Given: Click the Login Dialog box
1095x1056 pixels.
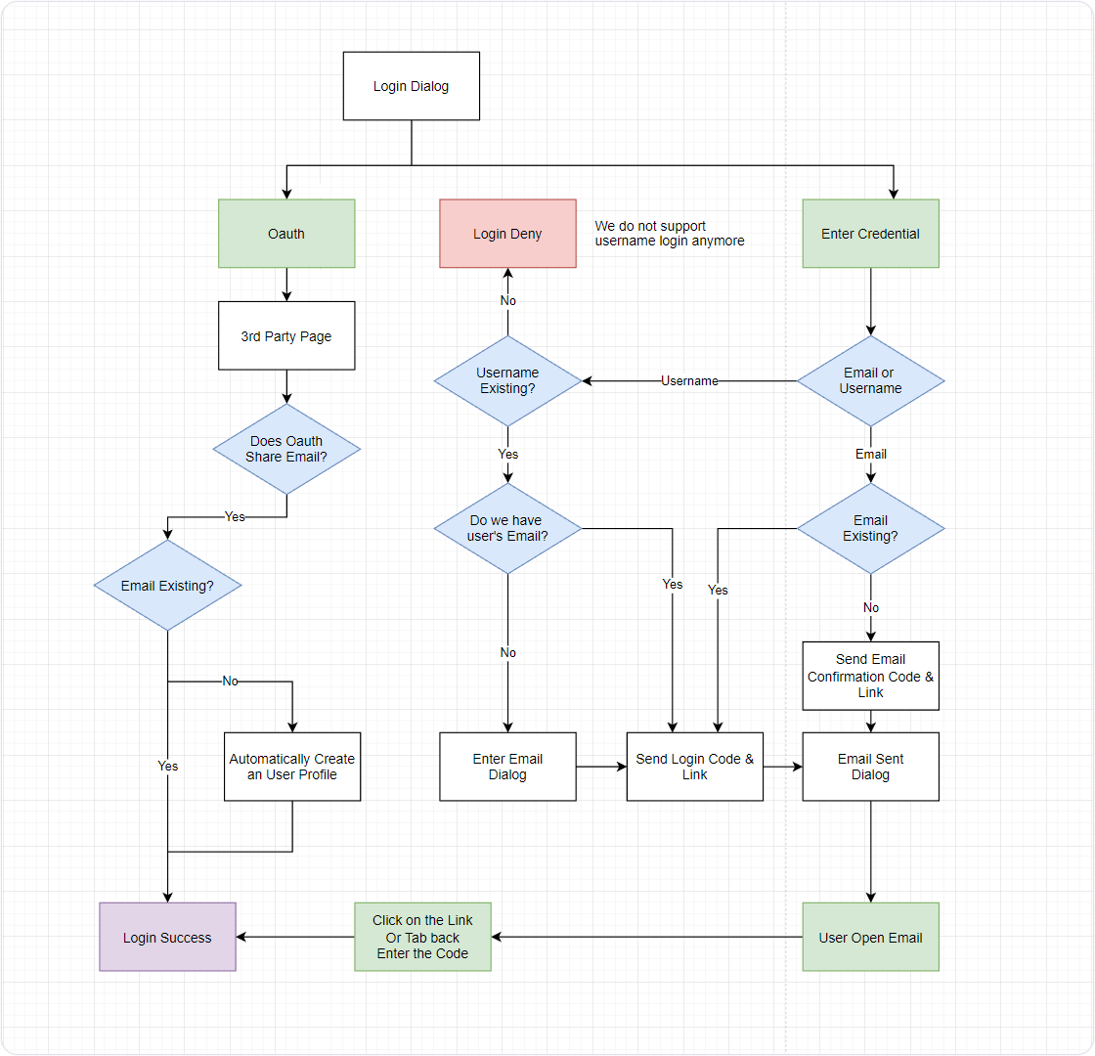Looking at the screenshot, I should [x=411, y=86].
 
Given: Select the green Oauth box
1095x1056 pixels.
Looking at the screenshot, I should [x=286, y=234].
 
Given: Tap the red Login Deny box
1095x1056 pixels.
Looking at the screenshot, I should [x=507, y=234].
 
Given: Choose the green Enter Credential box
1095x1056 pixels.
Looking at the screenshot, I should [x=870, y=234].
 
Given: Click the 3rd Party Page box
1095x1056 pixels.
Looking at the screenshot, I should [x=286, y=335].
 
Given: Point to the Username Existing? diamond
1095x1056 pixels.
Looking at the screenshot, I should [x=507, y=380].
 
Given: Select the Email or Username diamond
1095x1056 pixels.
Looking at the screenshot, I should [x=870, y=380].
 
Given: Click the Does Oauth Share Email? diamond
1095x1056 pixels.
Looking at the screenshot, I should [x=286, y=449].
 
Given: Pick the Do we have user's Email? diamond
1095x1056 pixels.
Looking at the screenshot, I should [x=507, y=528].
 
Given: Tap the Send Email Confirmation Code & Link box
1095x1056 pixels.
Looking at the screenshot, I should [x=870, y=676].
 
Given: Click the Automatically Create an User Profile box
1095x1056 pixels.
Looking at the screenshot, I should [x=292, y=767].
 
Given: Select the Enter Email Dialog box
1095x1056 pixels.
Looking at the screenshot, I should [x=507, y=767].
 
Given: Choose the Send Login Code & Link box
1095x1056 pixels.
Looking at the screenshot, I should [x=694, y=767].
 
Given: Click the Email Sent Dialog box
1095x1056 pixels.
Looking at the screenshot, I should [x=870, y=767].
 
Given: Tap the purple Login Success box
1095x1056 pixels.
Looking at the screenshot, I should [x=167, y=937].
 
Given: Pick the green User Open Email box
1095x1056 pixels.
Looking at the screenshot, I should [x=870, y=937].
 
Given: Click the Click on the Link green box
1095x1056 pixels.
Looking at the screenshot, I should [x=422, y=937].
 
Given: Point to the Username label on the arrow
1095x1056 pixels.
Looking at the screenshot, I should [x=689, y=380].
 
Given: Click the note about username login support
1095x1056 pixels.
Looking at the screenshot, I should [x=670, y=234].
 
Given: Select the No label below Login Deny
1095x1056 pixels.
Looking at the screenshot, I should [x=507, y=300].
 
